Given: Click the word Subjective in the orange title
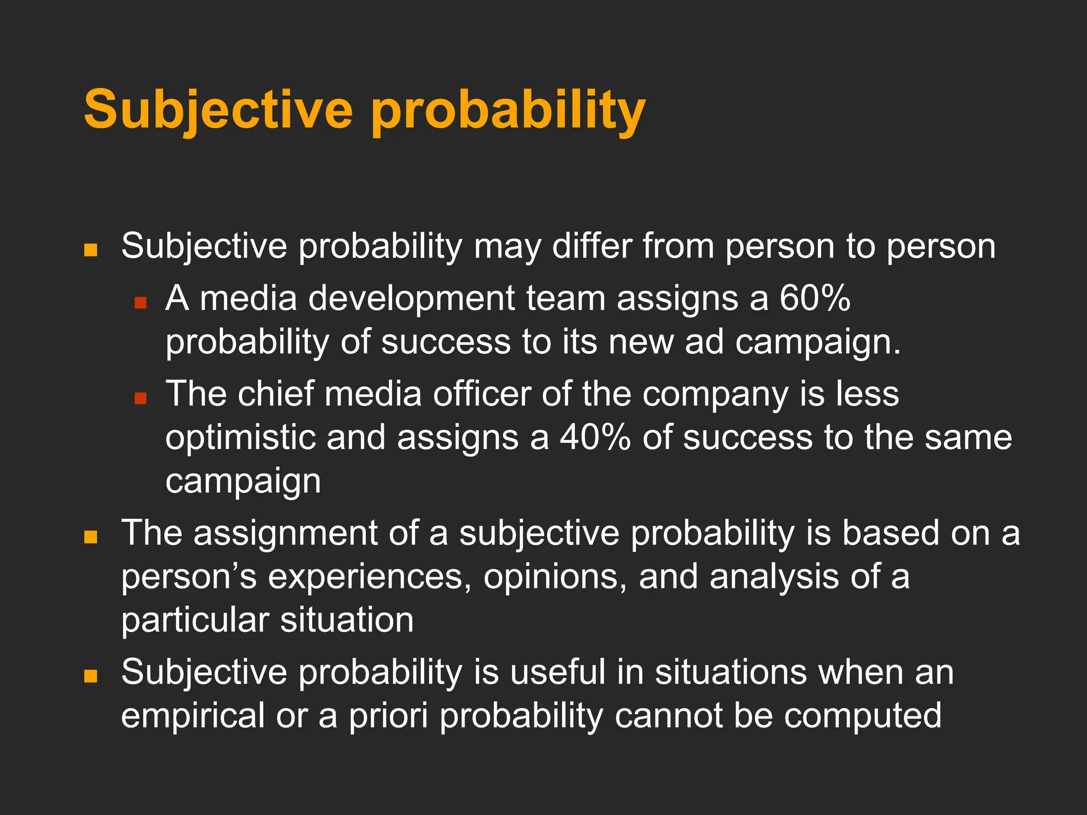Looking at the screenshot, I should pyautogui.click(x=218, y=109).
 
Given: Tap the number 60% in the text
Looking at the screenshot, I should pyautogui.click(x=815, y=298).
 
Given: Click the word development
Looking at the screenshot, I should pyautogui.click(x=411, y=298).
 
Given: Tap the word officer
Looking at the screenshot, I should pyautogui.click(x=482, y=394).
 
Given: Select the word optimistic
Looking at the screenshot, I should pyautogui.click(x=240, y=438).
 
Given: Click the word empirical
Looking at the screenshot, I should pyautogui.click(x=193, y=716).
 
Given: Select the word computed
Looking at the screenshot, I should pyautogui.click(x=862, y=716).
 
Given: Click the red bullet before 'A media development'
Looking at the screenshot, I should pyautogui.click(x=140, y=303).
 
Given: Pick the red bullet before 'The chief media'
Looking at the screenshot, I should pyautogui.click(x=140, y=398).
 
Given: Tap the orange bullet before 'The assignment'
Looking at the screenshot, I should pyautogui.click(x=91, y=537).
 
